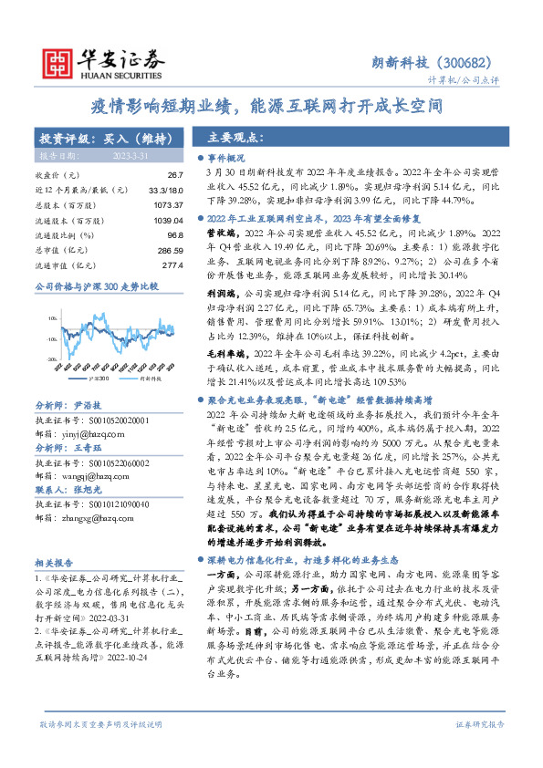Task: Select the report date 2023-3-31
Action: tap(128, 156)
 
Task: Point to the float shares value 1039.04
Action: tap(168, 221)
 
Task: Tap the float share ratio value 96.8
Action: tap(173, 235)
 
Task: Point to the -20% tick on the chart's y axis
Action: tap(51, 359)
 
